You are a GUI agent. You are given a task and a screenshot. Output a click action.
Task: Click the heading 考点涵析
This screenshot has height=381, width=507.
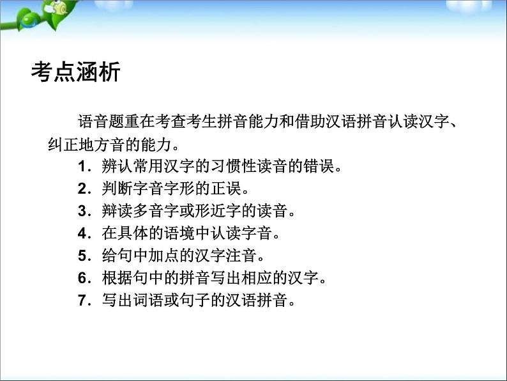click(x=75, y=73)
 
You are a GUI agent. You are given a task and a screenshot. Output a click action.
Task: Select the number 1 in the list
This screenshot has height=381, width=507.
click(x=81, y=168)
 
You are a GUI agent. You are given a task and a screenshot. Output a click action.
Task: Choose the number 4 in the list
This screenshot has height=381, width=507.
click(x=81, y=234)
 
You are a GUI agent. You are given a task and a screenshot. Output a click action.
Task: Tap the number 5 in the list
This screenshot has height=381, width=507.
click(x=81, y=256)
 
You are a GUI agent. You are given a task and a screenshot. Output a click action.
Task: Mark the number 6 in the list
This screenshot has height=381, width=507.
click(x=81, y=278)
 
